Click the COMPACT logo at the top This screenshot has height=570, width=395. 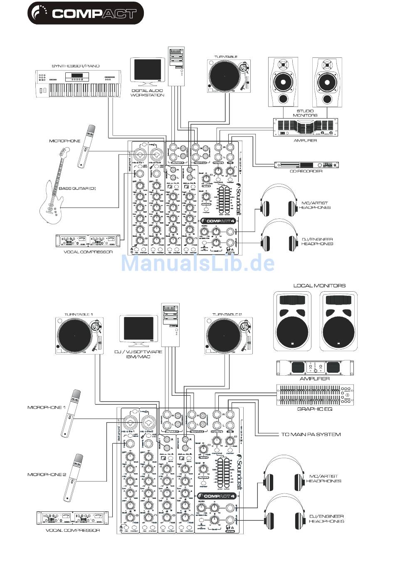[85, 13]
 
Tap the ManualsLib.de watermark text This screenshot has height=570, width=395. [197, 263]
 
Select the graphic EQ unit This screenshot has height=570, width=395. [315, 395]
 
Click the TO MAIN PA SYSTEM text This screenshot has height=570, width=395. [311, 434]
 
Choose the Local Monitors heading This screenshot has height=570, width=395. [319, 286]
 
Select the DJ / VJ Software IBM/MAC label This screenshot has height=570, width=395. [138, 354]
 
